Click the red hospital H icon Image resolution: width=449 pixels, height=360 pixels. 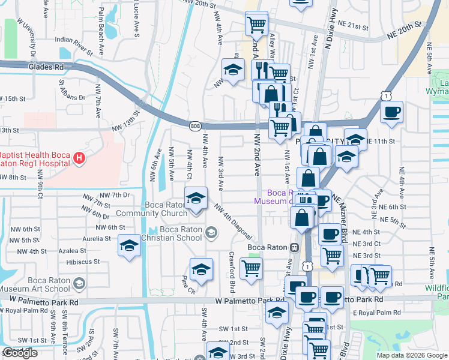(79, 158)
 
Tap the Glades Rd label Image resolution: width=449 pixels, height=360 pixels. (45, 68)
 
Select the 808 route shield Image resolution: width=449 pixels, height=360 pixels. (196, 125)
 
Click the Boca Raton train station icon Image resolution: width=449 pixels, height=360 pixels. (294, 247)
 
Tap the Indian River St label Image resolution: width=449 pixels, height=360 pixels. (76, 41)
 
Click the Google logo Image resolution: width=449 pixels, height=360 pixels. (20, 353)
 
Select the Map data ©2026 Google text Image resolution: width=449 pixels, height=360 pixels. (411, 355)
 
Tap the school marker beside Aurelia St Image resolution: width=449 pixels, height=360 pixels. (128, 246)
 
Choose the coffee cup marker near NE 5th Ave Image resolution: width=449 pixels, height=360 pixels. (391, 112)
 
